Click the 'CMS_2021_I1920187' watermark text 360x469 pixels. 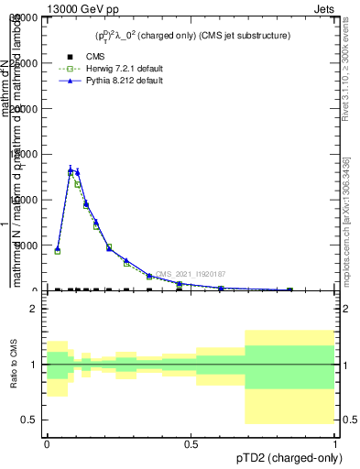pos(190,274)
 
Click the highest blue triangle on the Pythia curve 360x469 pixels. pos(71,169)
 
